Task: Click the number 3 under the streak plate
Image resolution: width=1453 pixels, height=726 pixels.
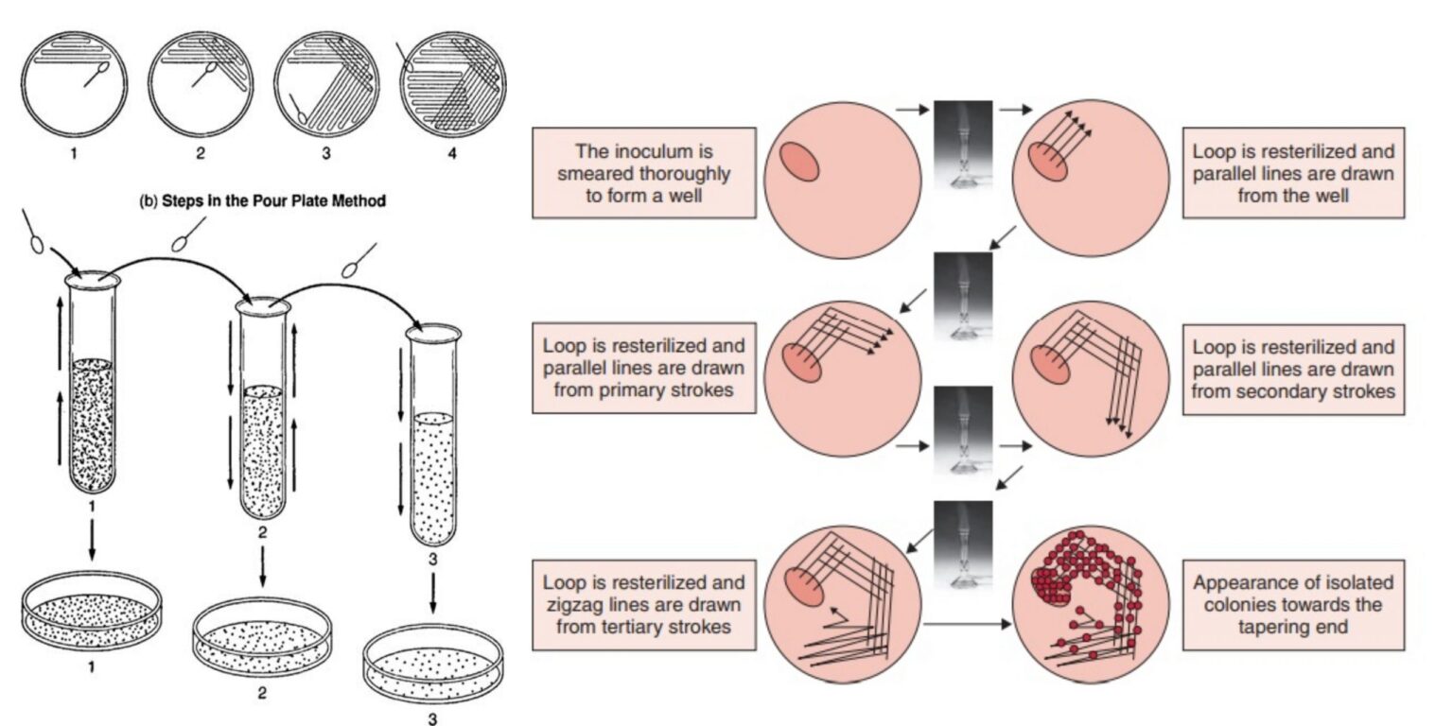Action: [x=326, y=153]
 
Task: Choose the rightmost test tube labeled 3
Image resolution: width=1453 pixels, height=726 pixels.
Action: [x=432, y=435]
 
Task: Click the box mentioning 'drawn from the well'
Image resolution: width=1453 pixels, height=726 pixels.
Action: [x=1293, y=174]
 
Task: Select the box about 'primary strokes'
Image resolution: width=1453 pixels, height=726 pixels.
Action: [x=644, y=368]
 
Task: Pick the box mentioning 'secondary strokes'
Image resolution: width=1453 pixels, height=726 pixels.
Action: [x=1293, y=368]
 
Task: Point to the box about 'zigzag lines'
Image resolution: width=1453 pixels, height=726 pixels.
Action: [x=644, y=604]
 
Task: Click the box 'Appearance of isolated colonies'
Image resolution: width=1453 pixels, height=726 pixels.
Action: [x=1293, y=604]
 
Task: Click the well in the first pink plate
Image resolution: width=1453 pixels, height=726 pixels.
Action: [x=799, y=162]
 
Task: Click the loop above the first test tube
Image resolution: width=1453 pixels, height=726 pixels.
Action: [x=38, y=236]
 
